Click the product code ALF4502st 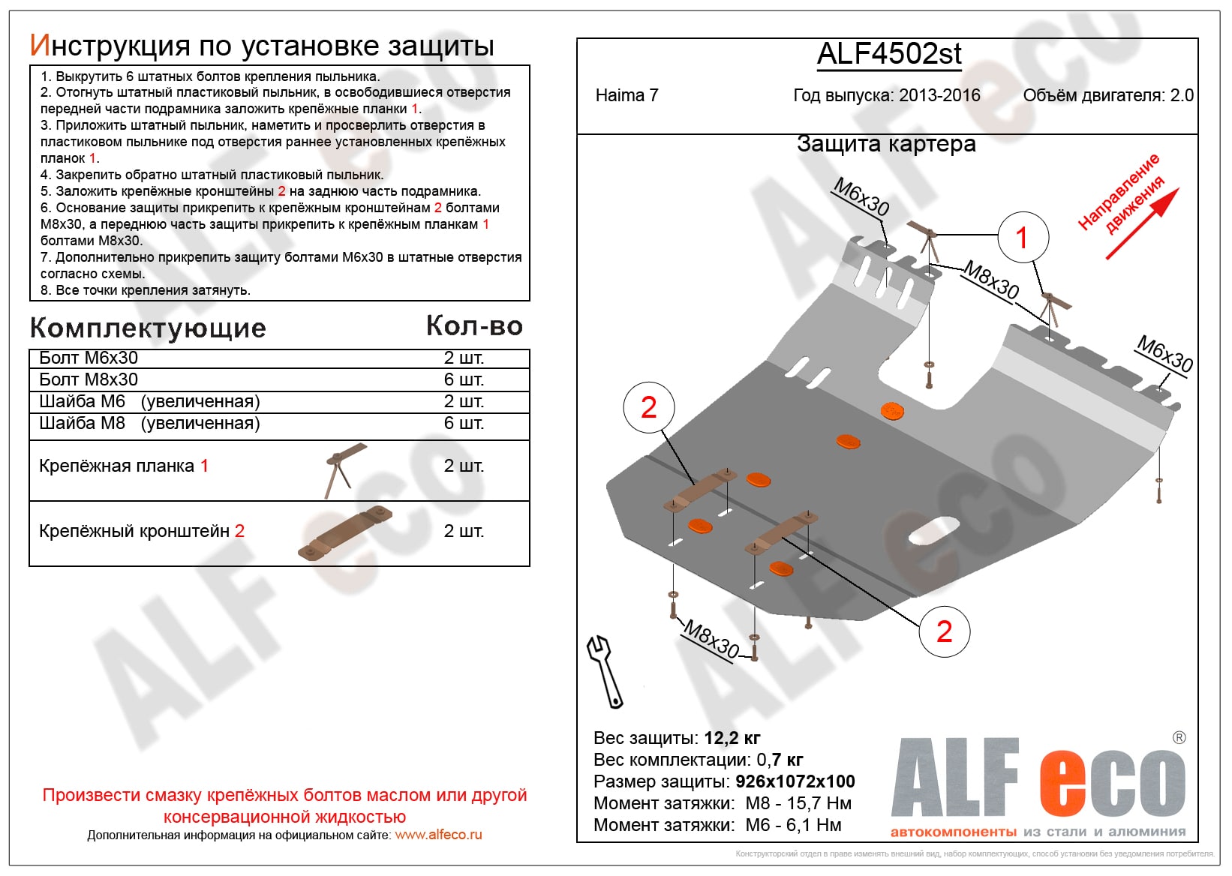point(889,54)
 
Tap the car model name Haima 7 point(627,95)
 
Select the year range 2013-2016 point(939,95)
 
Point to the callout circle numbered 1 point(1023,238)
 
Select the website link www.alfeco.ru point(438,835)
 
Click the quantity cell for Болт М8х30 point(464,379)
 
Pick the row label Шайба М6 point(83,401)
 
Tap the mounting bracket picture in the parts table point(345,535)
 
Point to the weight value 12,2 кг point(732,738)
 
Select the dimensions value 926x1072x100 point(795,781)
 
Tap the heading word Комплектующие point(148,328)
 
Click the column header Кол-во point(474,325)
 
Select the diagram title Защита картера point(886,144)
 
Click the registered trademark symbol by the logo point(1179,737)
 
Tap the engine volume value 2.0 point(1182,95)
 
